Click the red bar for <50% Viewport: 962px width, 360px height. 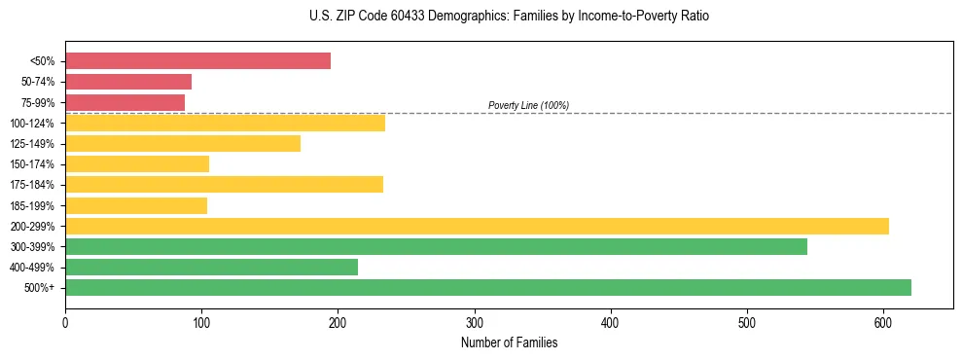[x=197, y=61]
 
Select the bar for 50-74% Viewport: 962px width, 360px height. [x=128, y=82]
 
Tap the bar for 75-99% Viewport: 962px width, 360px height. [x=125, y=102]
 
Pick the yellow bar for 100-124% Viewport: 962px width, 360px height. [x=225, y=123]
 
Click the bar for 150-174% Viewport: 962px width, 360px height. [x=137, y=164]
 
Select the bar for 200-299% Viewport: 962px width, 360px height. [x=477, y=226]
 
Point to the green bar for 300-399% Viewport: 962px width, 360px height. [x=436, y=246]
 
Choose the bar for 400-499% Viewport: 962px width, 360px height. [x=211, y=267]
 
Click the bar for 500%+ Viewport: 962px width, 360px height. [x=488, y=287]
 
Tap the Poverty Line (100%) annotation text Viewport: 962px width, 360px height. [x=528, y=105]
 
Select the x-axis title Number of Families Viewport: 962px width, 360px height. [x=509, y=342]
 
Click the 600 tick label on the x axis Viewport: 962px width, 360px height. [x=883, y=322]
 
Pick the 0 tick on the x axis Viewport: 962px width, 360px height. [x=65, y=322]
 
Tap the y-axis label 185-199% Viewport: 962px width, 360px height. [x=32, y=205]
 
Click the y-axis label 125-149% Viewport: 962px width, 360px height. [x=32, y=144]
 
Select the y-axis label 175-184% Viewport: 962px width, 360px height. [x=32, y=185]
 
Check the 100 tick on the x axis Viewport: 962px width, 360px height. [x=201, y=322]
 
